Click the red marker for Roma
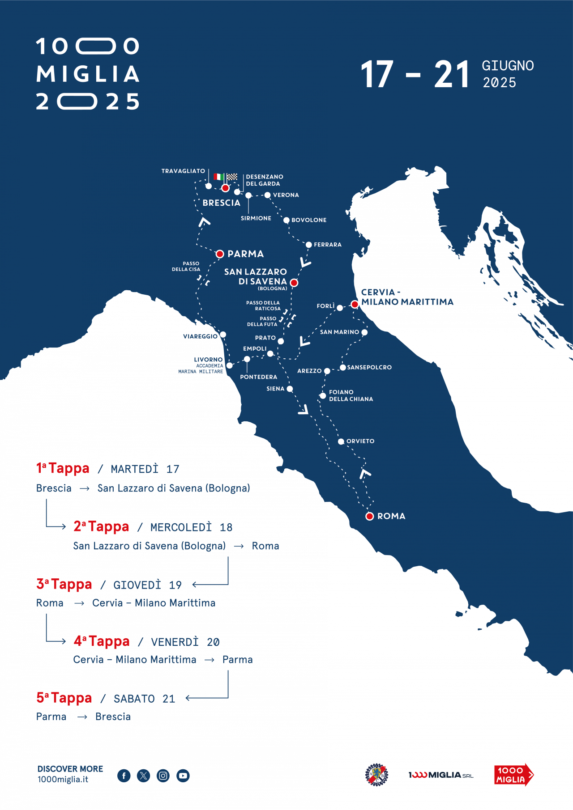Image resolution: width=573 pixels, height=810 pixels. (x=369, y=516)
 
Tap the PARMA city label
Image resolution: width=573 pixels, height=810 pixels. (x=245, y=254)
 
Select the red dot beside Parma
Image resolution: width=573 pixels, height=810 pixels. (x=220, y=254)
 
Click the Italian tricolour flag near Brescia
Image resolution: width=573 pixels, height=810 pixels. (x=218, y=177)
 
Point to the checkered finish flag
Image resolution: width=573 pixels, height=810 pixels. (x=232, y=177)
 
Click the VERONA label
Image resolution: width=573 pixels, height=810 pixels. (x=286, y=195)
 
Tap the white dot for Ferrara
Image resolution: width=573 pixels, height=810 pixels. (x=308, y=245)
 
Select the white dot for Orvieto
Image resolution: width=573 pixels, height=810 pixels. (x=341, y=441)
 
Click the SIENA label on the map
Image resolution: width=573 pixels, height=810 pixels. (x=275, y=389)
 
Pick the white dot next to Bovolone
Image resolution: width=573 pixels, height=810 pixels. (x=286, y=220)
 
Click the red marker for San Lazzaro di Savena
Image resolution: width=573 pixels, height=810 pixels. (x=294, y=283)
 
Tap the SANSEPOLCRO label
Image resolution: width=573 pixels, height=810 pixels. (x=369, y=367)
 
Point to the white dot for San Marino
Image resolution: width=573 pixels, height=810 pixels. (x=364, y=332)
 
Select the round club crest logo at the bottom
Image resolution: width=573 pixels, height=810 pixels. (x=376, y=775)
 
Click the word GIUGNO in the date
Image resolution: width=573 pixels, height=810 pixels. (x=508, y=66)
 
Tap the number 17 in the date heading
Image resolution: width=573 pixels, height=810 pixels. (x=377, y=75)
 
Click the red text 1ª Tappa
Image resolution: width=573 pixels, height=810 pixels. (x=63, y=468)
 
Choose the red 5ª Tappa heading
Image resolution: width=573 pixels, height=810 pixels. (x=64, y=698)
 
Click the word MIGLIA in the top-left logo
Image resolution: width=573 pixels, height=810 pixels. (x=88, y=74)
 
